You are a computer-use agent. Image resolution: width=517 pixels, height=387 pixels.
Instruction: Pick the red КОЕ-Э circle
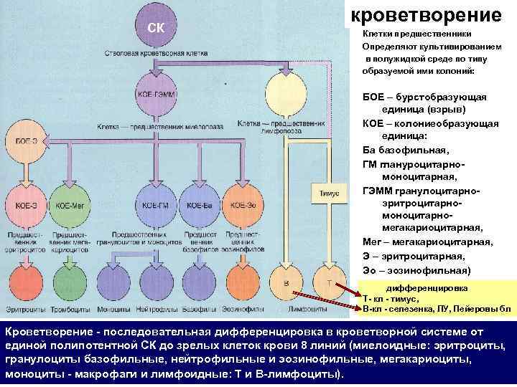pos(26,205)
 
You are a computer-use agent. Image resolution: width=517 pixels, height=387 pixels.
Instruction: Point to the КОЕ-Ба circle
pos(200,205)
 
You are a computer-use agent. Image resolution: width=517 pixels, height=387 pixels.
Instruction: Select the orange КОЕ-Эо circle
pos(244,205)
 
